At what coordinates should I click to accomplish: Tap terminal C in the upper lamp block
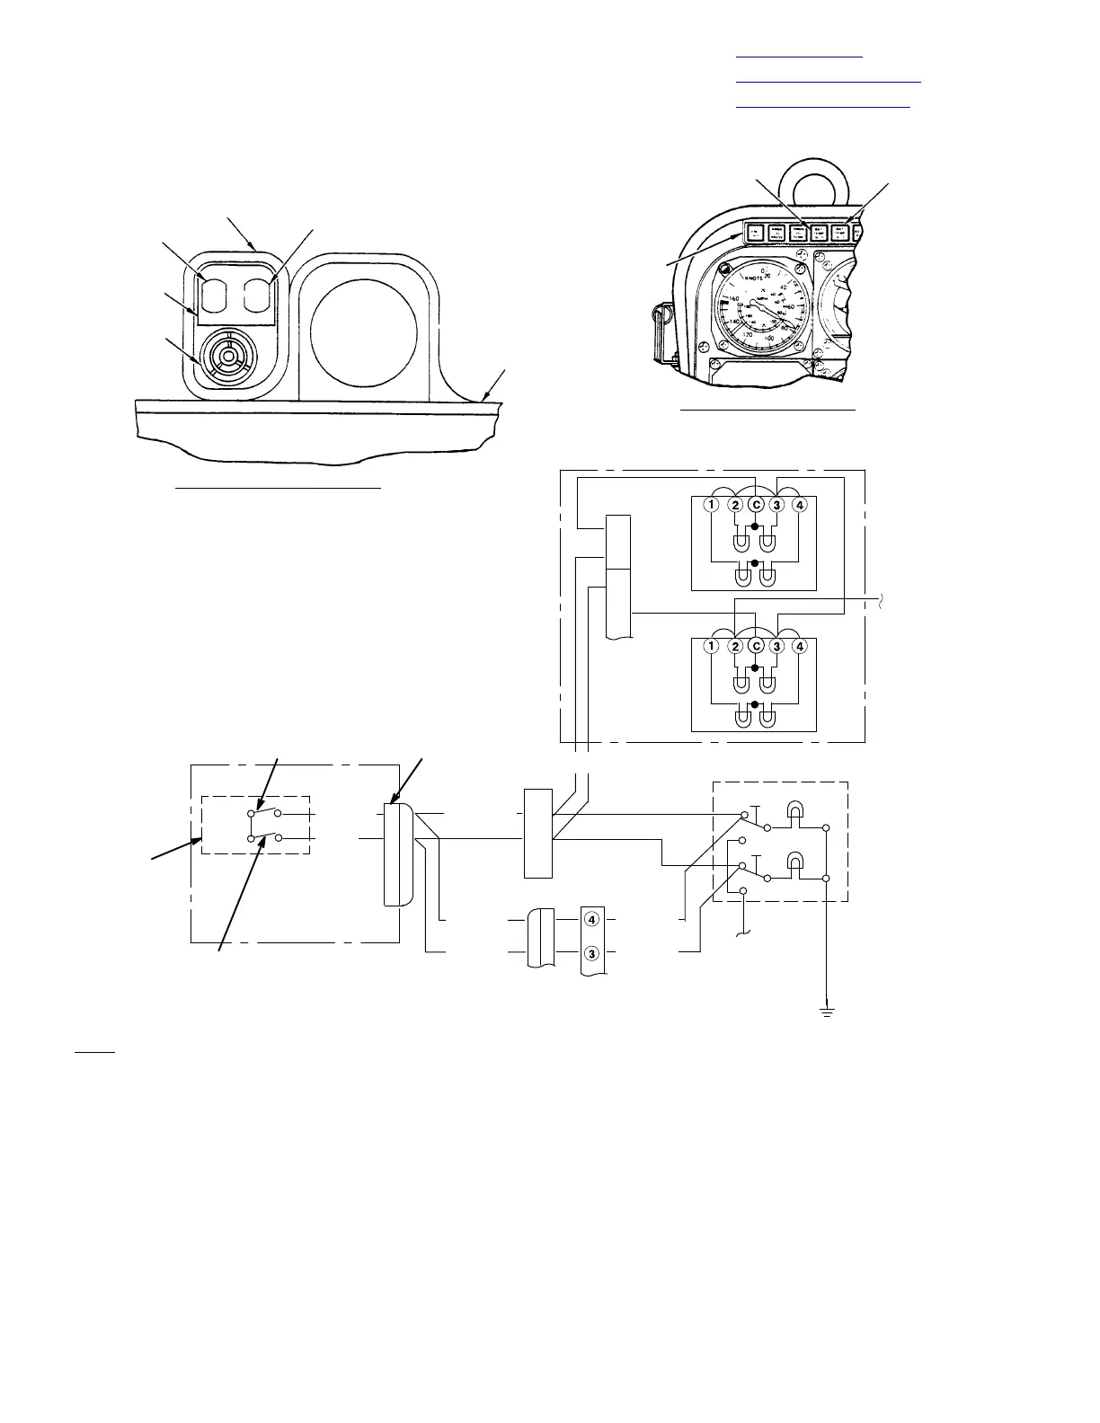click(x=757, y=504)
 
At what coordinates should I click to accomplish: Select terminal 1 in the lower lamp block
click(x=711, y=645)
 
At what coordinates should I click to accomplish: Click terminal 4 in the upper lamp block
click(x=801, y=504)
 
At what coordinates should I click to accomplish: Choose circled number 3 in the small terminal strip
click(x=591, y=952)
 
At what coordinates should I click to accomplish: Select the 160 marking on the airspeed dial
click(x=733, y=298)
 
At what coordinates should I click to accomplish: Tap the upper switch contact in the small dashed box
click(x=262, y=814)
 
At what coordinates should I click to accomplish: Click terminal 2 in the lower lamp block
click(x=736, y=645)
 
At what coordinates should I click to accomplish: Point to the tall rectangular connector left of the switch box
click(x=537, y=833)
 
